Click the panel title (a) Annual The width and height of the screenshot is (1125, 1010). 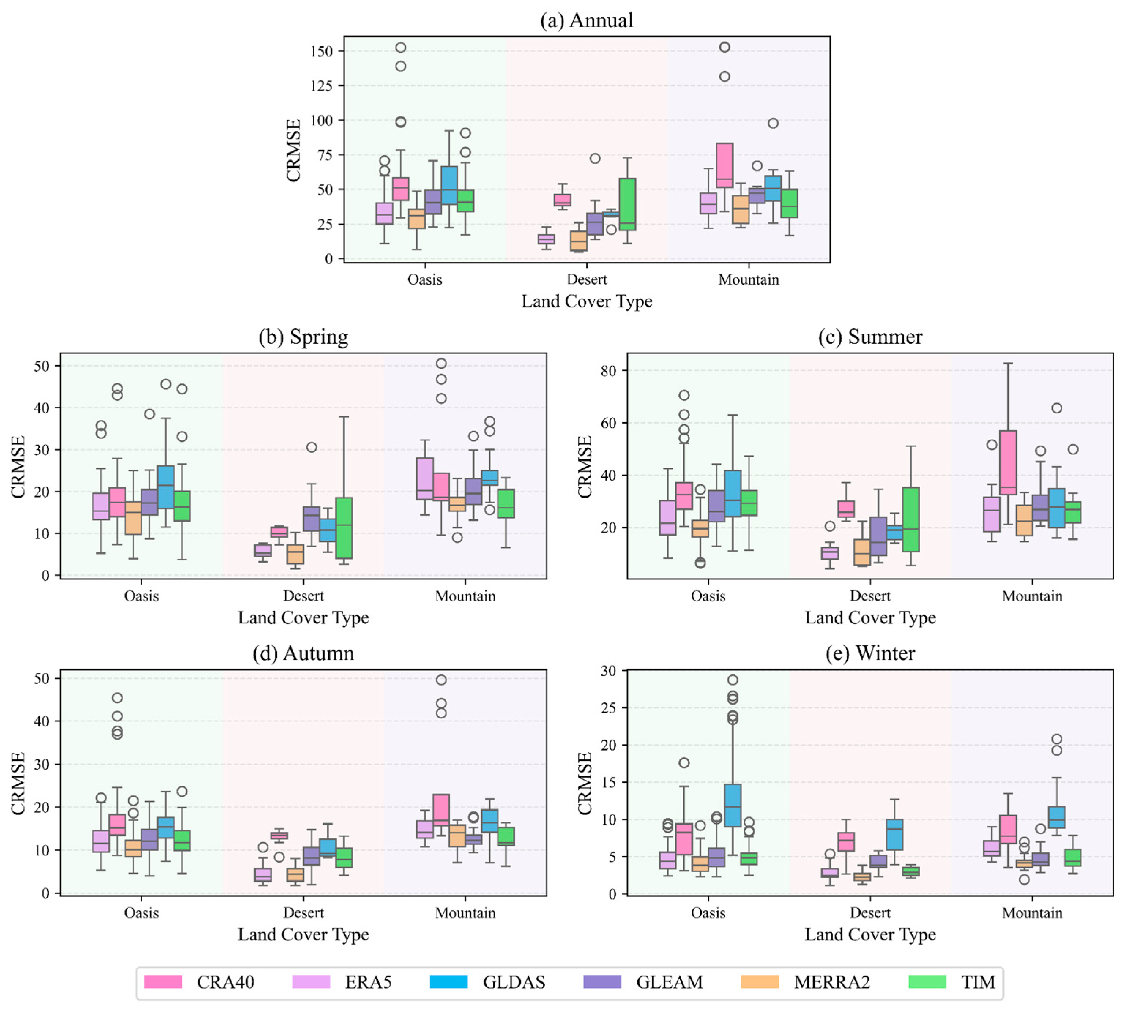point(586,20)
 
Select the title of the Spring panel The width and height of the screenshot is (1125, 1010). point(303,337)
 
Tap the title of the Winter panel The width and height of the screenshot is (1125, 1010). point(870,653)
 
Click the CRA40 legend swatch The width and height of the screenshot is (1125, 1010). point(163,982)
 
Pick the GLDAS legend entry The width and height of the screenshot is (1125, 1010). point(514,982)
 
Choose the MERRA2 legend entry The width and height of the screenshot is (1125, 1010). point(831,982)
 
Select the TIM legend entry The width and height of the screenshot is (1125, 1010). point(978,982)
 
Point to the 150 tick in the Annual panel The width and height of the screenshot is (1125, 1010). point(321,51)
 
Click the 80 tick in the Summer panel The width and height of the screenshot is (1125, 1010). point(608,370)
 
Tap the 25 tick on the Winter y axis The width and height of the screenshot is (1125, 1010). point(608,707)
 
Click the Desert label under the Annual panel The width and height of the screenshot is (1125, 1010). point(586,279)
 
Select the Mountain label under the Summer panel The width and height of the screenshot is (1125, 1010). point(1032,596)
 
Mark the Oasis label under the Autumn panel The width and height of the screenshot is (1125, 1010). point(141,913)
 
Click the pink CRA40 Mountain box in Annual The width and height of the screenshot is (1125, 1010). point(724,165)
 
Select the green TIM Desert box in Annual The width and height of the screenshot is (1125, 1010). point(627,204)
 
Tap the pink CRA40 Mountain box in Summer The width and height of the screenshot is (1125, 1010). point(1008,462)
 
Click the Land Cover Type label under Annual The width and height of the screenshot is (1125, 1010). point(586,301)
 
